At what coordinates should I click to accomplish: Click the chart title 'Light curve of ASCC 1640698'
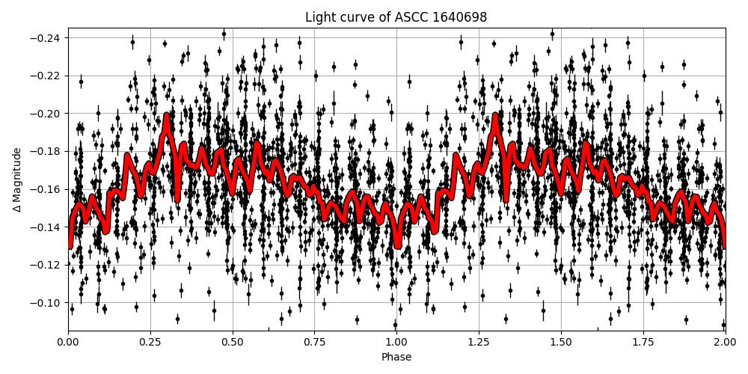click(396, 17)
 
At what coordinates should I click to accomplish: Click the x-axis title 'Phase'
click(396, 358)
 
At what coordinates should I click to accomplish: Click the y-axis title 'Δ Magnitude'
click(17, 180)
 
